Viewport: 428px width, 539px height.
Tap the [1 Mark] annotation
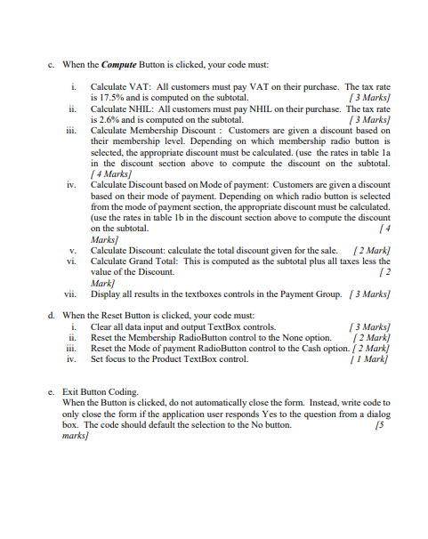click(x=374, y=359)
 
